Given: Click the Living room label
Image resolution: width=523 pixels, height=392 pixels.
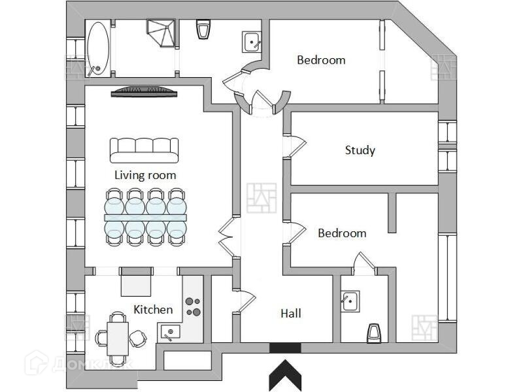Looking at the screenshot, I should (145, 175).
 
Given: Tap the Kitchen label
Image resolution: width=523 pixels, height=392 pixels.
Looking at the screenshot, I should (153, 309).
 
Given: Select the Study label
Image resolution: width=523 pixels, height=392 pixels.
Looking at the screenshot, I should (360, 150).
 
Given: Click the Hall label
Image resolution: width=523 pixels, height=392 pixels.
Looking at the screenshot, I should (291, 314).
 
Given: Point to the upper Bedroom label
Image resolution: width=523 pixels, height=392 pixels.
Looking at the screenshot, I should (321, 60).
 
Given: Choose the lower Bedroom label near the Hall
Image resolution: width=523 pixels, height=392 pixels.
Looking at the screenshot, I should (342, 233).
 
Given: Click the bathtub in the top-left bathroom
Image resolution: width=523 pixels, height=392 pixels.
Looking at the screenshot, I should (98, 49).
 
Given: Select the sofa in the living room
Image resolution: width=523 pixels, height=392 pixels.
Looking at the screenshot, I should (144, 150).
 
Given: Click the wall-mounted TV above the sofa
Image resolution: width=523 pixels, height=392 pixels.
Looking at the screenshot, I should (144, 92).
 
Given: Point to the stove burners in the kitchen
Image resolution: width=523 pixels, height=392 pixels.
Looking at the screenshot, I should (194, 306).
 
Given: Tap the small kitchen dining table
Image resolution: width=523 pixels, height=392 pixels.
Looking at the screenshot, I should (118, 337).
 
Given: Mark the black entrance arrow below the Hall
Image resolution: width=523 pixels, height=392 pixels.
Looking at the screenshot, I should (285, 376).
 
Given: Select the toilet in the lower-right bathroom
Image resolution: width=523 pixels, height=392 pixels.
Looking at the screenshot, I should (374, 332).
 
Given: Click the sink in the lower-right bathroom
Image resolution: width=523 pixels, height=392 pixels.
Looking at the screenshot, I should (348, 302).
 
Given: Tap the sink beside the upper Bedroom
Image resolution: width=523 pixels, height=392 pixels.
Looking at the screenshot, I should (252, 41).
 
